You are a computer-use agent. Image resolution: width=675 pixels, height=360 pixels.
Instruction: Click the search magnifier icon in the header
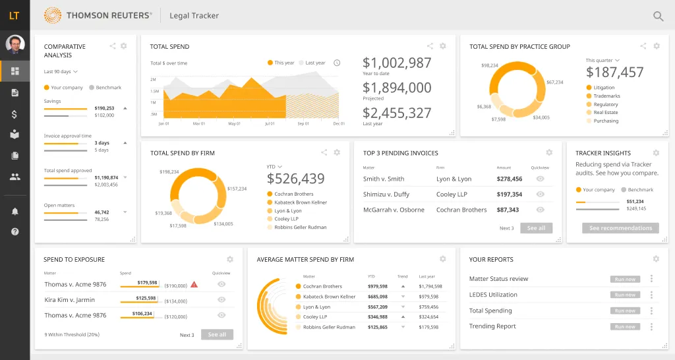658,16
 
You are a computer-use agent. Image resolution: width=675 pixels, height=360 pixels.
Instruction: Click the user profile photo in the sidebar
15,44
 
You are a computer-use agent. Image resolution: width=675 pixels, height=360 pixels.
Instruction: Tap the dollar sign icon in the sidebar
15,114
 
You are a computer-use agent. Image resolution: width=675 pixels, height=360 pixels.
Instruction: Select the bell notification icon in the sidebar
15,211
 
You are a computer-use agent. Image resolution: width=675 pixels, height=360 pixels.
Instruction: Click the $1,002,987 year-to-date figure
397,63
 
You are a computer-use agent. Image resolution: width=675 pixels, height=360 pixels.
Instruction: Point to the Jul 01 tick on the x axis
269,123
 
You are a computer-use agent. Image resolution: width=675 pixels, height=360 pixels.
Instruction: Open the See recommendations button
620,228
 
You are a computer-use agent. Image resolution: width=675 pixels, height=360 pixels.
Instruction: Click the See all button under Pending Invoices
536,228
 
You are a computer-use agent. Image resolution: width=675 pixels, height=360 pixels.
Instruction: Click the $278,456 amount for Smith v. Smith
510,179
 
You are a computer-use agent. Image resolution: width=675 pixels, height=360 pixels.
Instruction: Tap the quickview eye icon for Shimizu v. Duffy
541,195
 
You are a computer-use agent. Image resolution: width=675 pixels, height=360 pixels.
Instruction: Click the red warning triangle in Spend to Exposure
194,284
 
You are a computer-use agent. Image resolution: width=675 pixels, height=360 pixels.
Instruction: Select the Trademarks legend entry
606,96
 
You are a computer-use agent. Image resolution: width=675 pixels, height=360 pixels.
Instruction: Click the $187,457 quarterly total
614,73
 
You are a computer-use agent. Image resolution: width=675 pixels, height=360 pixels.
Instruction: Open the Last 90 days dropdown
61,71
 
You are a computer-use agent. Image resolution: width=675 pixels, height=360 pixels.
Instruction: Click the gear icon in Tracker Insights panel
656,153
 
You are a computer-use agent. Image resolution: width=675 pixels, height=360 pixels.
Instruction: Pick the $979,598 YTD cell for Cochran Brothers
378,287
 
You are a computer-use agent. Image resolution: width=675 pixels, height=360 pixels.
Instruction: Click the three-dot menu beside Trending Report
651,326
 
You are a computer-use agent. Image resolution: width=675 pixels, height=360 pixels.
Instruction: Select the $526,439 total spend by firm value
295,179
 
